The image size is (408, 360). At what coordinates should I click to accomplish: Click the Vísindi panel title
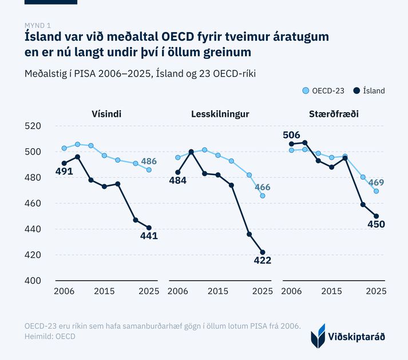click(106, 114)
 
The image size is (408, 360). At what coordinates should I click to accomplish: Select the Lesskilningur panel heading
click(220, 114)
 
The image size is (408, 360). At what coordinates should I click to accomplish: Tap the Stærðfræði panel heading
click(334, 114)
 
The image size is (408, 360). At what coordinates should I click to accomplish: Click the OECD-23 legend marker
click(306, 90)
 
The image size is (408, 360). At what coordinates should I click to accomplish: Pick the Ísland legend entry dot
click(356, 90)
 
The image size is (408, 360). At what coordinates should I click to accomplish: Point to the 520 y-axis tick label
click(33, 126)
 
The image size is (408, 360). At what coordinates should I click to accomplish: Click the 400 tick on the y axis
click(33, 280)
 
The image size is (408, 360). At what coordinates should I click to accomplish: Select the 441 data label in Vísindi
click(149, 236)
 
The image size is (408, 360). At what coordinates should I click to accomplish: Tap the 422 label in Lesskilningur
click(263, 260)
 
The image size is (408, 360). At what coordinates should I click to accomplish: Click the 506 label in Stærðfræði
click(291, 135)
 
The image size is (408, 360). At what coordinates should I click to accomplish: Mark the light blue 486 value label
click(149, 161)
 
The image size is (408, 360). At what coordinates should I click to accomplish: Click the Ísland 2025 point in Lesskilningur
click(263, 252)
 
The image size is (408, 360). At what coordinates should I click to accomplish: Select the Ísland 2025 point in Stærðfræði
click(377, 216)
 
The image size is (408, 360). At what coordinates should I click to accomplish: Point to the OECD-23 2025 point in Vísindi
click(149, 170)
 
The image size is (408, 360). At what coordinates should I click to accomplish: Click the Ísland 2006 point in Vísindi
click(64, 163)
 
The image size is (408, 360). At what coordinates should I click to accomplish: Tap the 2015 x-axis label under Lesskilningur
click(218, 291)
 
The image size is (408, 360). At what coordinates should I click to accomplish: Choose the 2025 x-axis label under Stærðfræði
click(377, 291)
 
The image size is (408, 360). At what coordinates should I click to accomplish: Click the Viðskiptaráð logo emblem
click(318, 336)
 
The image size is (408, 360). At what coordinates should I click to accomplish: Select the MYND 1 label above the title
click(37, 25)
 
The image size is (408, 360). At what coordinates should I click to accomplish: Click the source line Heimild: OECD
click(50, 337)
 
